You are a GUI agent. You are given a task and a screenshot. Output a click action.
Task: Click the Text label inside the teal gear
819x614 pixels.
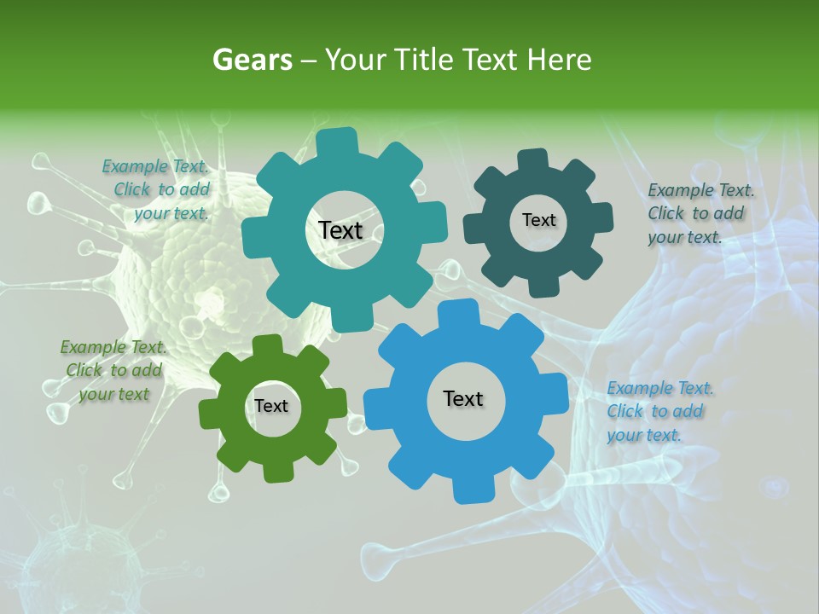point(340,230)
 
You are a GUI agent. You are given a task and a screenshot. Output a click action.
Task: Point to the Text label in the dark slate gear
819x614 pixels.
point(538,220)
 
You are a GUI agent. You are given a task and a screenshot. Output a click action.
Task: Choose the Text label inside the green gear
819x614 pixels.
point(271,406)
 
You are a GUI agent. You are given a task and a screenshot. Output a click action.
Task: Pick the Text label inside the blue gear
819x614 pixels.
point(463,398)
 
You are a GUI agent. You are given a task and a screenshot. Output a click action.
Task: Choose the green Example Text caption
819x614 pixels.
point(113,370)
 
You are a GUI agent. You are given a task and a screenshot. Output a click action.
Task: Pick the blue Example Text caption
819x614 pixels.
point(659,412)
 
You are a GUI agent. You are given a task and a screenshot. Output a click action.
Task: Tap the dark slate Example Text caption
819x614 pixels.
point(700,213)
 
